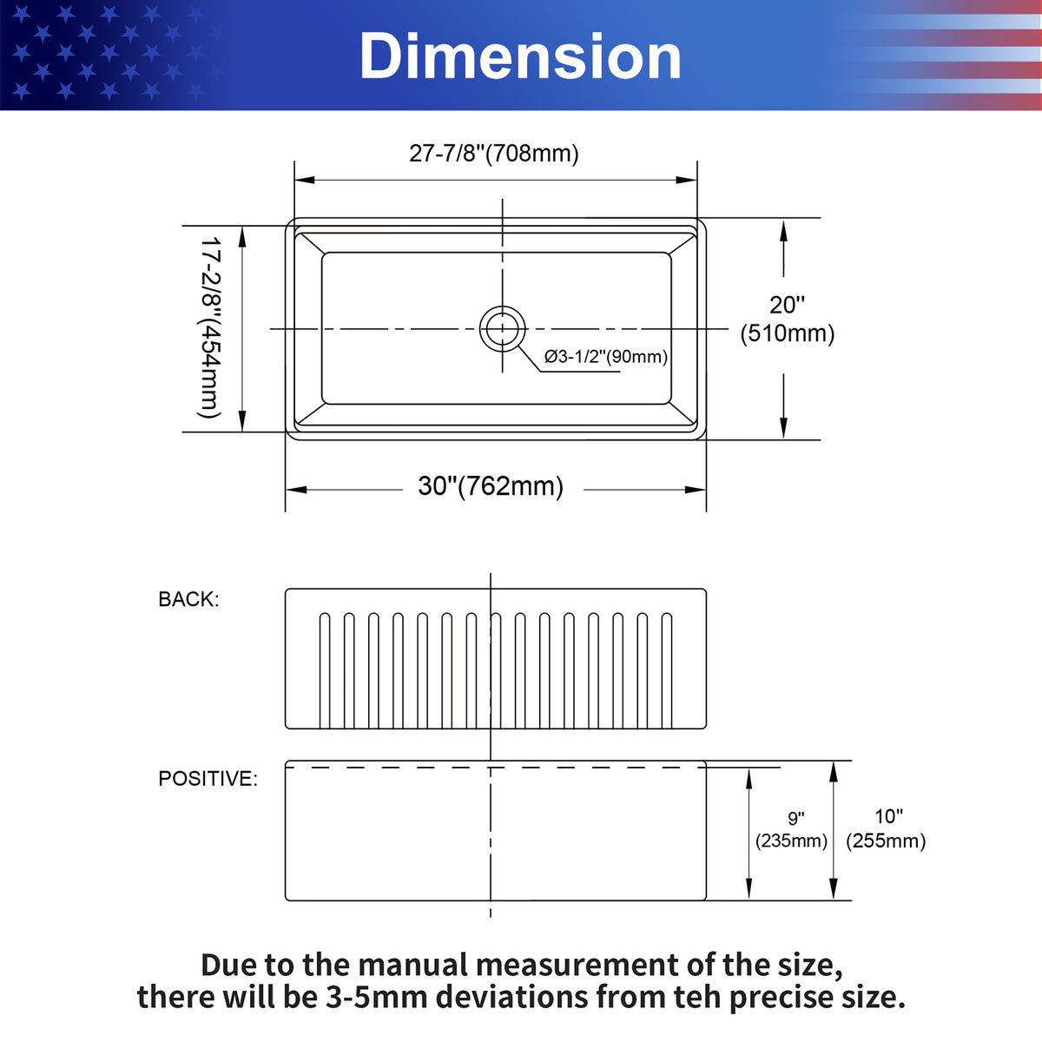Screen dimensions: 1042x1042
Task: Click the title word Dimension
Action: click(x=520, y=56)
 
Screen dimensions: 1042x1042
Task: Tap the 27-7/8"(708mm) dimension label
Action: click(x=494, y=154)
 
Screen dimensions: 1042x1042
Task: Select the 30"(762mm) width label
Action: click(x=491, y=486)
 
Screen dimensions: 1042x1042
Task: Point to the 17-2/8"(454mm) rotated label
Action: click(x=209, y=327)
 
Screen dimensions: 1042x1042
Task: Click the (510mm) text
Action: click(x=788, y=333)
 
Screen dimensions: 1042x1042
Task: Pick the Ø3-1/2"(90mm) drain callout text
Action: click(x=605, y=357)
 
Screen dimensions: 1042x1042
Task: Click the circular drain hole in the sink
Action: click(x=503, y=329)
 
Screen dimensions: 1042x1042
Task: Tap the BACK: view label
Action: click(x=188, y=599)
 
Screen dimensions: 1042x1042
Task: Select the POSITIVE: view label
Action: click(x=208, y=779)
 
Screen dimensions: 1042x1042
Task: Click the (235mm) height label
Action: click(x=791, y=841)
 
